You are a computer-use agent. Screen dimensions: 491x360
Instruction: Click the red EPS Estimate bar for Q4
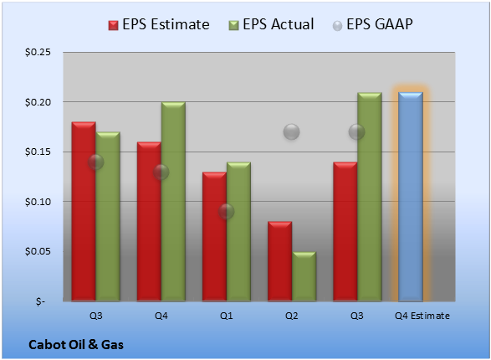[149, 222]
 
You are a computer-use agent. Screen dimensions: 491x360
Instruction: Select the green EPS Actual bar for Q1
[238, 232]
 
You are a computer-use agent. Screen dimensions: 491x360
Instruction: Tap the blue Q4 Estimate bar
[411, 197]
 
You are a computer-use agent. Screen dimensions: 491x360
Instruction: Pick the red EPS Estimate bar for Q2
[279, 261]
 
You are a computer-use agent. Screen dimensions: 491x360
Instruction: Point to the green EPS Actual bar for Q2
[304, 276]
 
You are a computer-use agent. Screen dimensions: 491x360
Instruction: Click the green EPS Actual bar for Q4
[173, 202]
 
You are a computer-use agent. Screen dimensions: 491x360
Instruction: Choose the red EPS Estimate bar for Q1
[214, 237]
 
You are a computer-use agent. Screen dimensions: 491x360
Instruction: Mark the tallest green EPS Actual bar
[370, 197]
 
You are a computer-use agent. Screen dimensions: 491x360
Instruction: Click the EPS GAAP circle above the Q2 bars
[292, 132]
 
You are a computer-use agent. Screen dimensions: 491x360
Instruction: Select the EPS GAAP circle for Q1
[226, 212]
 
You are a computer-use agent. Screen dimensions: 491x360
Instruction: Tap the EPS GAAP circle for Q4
[161, 172]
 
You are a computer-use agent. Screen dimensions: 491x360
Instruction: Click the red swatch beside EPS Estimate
[114, 25]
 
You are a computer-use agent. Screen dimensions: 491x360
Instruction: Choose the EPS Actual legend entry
[271, 24]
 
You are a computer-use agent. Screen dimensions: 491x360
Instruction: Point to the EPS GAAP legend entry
[372, 24]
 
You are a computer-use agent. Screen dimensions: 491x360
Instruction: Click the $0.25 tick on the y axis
[38, 52]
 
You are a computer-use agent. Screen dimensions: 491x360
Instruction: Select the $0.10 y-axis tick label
[38, 202]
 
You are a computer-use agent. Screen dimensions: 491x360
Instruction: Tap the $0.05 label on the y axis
[38, 252]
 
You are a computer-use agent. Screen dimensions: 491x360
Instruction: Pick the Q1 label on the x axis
[227, 316]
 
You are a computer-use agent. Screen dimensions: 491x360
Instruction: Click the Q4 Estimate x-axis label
[422, 316]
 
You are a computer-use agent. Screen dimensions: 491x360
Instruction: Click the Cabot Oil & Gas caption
[76, 345]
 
